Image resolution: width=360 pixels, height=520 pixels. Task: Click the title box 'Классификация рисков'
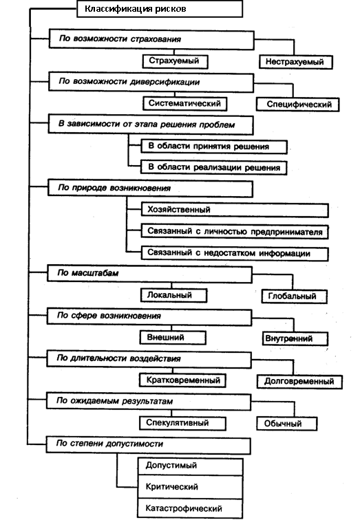point(160,9)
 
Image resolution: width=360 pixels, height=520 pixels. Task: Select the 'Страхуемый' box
point(176,61)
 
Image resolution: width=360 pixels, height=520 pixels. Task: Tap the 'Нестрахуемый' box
point(295,62)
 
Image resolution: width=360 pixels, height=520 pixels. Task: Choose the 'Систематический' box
point(185,103)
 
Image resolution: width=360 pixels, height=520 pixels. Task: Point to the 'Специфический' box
point(297,105)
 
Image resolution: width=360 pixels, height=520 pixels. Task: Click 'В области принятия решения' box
point(214,147)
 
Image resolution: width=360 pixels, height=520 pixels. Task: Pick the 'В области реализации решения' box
point(213,167)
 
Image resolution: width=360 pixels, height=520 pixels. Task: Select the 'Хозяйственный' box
point(235,210)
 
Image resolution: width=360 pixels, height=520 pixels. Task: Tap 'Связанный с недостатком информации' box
point(235,254)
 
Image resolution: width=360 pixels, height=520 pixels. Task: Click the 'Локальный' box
point(173,295)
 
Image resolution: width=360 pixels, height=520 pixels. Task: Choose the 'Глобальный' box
point(295,296)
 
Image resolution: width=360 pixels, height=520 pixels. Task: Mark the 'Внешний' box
point(173,338)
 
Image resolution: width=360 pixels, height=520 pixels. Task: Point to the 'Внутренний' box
point(295,338)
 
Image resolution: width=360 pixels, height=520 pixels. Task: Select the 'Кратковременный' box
point(182,380)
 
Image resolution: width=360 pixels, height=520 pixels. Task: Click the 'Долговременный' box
point(299,381)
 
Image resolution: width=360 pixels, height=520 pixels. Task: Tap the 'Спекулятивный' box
point(182,423)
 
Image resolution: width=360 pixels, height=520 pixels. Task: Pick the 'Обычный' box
point(286,424)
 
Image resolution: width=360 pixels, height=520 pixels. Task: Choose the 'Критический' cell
point(190,487)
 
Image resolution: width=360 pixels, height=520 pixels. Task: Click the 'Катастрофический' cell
point(190,508)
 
